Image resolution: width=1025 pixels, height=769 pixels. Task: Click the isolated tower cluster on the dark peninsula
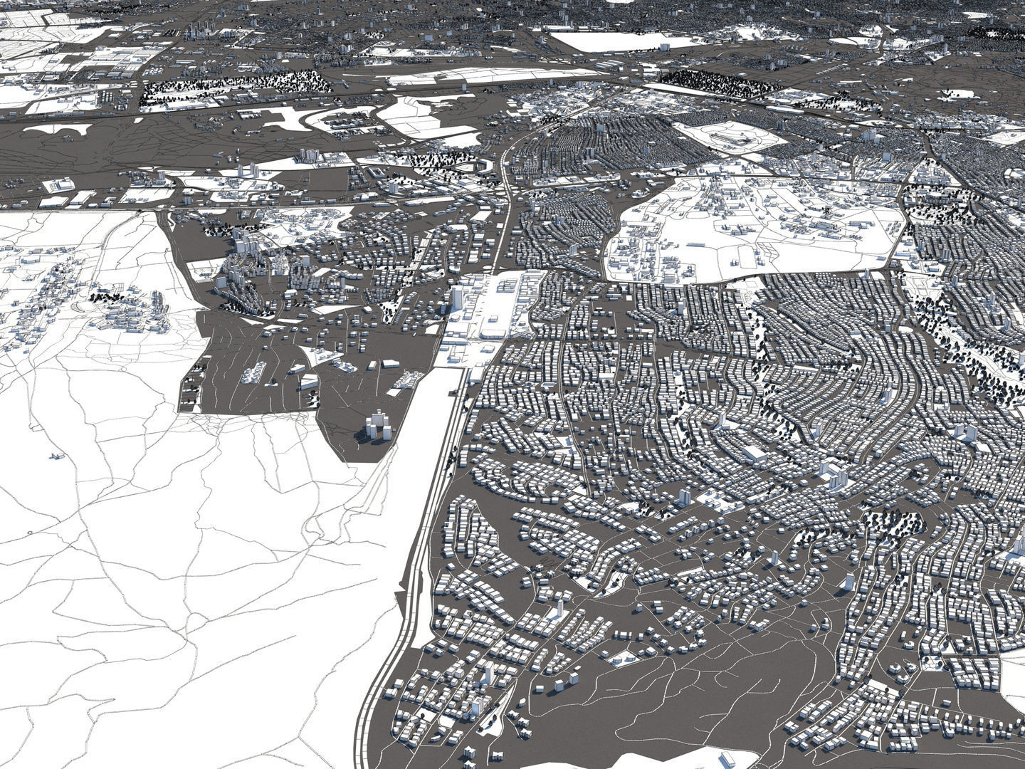click(x=378, y=427)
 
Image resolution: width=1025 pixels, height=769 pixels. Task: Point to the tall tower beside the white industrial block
click(x=456, y=297)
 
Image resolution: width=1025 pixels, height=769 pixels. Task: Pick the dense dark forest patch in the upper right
click(x=719, y=82)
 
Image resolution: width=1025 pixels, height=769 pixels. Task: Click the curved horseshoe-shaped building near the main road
click(x=484, y=166)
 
